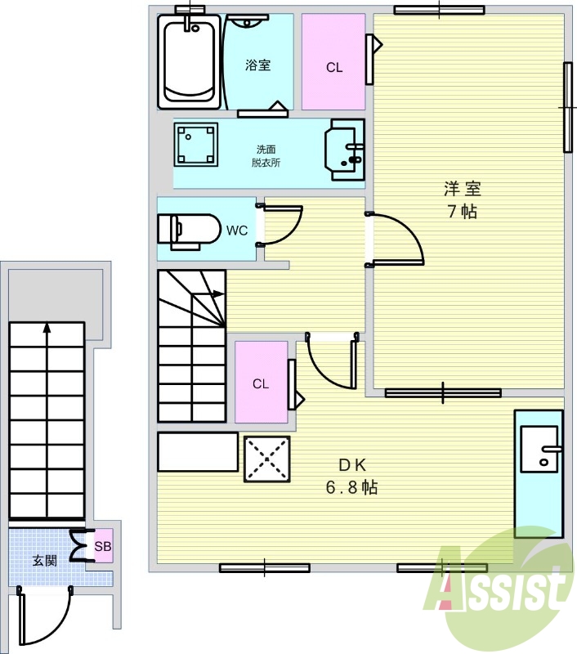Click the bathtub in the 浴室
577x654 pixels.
(x=190, y=62)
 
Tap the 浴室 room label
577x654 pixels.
(x=257, y=65)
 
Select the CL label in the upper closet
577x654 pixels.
(x=334, y=67)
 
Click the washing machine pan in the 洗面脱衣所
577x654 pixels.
(x=195, y=145)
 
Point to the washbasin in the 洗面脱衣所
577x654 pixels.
(x=344, y=150)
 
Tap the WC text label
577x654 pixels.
(x=237, y=231)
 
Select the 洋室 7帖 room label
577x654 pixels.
(x=463, y=200)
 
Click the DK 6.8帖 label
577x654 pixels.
(x=352, y=476)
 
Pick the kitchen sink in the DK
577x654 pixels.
(x=539, y=449)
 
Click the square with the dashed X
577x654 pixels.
(x=266, y=459)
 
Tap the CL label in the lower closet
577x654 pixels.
(x=261, y=383)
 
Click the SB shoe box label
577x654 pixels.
(x=103, y=546)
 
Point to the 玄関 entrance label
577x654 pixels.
(x=45, y=561)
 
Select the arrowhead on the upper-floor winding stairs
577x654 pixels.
(x=218, y=293)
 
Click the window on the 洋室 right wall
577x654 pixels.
(x=567, y=107)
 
